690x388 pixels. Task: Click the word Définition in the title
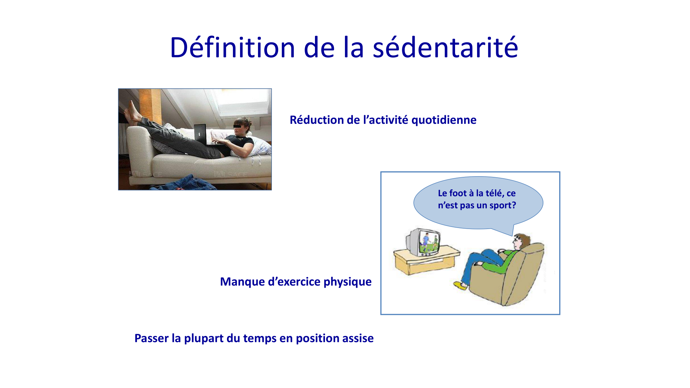click(232, 48)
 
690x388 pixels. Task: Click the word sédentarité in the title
click(445, 48)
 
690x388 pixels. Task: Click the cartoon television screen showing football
click(429, 243)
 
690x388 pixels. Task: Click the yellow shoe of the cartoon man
click(460, 286)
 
